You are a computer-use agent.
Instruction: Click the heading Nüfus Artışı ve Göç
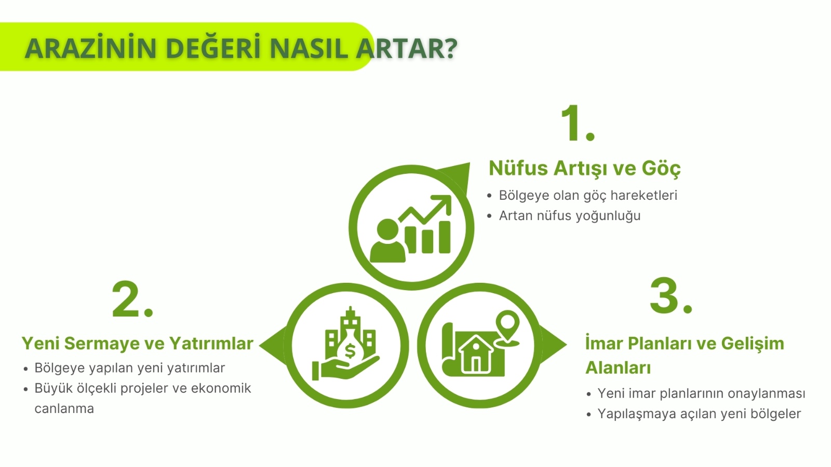click(584, 168)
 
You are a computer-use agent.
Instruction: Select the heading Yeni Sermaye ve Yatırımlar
click(137, 343)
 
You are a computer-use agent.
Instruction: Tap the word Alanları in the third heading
click(618, 367)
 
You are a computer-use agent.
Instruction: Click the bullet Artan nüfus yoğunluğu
click(569, 216)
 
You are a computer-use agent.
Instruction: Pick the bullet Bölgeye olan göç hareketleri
click(587, 196)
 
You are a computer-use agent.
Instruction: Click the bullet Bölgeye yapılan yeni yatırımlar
click(129, 368)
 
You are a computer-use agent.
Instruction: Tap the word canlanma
click(64, 409)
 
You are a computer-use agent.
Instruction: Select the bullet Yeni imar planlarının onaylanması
click(701, 393)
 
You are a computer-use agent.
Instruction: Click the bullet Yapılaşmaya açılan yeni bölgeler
click(699, 414)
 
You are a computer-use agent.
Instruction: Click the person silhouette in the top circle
click(387, 241)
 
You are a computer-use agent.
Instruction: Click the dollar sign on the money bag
click(350, 351)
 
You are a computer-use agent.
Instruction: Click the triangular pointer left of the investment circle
click(272, 346)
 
